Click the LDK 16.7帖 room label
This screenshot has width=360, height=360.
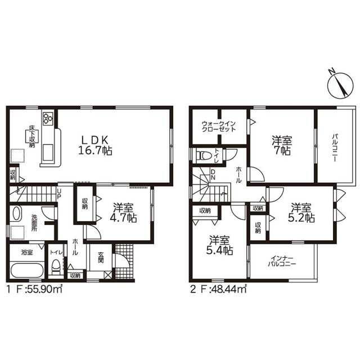coord(95,145)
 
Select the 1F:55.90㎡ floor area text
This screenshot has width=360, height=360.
coord(34,289)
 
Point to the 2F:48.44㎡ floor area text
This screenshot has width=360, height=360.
coord(218,289)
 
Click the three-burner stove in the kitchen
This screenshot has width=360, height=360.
coord(48,118)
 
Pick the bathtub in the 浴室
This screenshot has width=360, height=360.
coord(27,270)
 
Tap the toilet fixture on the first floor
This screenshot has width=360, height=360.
coord(55,266)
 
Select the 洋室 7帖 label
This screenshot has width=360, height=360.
coord(282,146)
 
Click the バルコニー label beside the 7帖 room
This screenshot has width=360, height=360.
coord(335,147)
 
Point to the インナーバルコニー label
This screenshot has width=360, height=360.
coord(282,261)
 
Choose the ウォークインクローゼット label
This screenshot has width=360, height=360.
coord(219,126)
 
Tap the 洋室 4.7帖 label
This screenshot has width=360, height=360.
coord(123,213)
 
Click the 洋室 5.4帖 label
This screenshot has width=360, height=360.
coord(219,245)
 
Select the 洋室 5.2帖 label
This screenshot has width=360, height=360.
coord(301,213)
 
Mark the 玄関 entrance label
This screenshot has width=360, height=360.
coord(101,258)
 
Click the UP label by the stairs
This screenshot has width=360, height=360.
coord(59,194)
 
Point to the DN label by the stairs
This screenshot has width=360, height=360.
coord(213,174)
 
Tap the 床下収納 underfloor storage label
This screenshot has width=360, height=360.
coord(32,136)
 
